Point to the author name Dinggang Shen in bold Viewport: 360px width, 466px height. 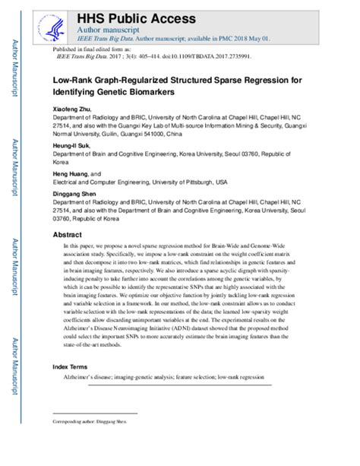click(77, 192)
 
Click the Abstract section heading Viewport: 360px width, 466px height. click(68, 236)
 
